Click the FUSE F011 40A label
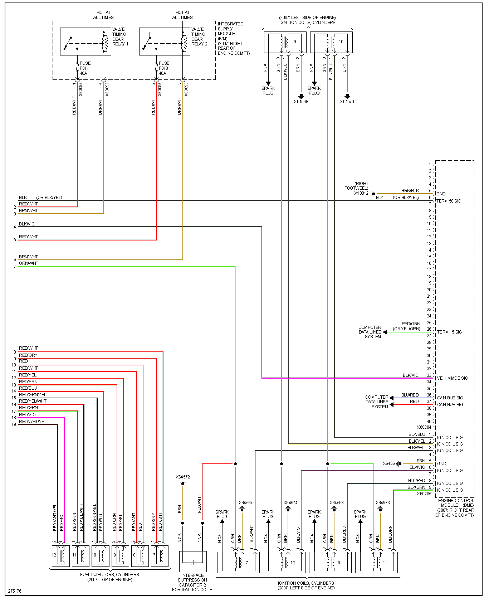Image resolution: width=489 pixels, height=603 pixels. pos(85,68)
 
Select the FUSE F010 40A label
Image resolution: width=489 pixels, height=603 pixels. pos(164,68)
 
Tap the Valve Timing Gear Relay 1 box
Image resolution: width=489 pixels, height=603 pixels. pos(85,42)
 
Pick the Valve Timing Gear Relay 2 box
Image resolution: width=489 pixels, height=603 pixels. pos(165,42)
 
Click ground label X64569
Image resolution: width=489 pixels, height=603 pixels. pos(301,102)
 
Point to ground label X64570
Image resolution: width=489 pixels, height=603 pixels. pos(347,102)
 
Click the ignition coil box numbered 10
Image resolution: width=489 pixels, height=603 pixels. pos(331,42)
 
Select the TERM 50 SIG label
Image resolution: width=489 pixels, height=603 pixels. pos(449,201)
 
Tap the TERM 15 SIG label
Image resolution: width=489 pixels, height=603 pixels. pos(449,332)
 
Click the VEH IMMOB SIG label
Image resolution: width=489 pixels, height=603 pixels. pos(452,378)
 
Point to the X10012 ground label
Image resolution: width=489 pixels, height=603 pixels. pos(361,193)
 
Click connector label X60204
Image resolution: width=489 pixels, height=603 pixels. pos(424,427)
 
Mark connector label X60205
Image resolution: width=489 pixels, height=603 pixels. pos(424,494)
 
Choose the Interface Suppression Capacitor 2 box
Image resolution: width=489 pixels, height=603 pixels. pos(193,561)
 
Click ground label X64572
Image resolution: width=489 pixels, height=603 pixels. pos(183,477)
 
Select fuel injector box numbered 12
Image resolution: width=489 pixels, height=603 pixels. pos(60,555)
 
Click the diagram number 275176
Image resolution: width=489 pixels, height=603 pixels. pos(15,591)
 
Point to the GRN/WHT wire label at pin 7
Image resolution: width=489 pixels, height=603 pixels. pos(29,263)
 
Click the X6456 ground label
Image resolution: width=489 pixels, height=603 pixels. pos(388,463)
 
